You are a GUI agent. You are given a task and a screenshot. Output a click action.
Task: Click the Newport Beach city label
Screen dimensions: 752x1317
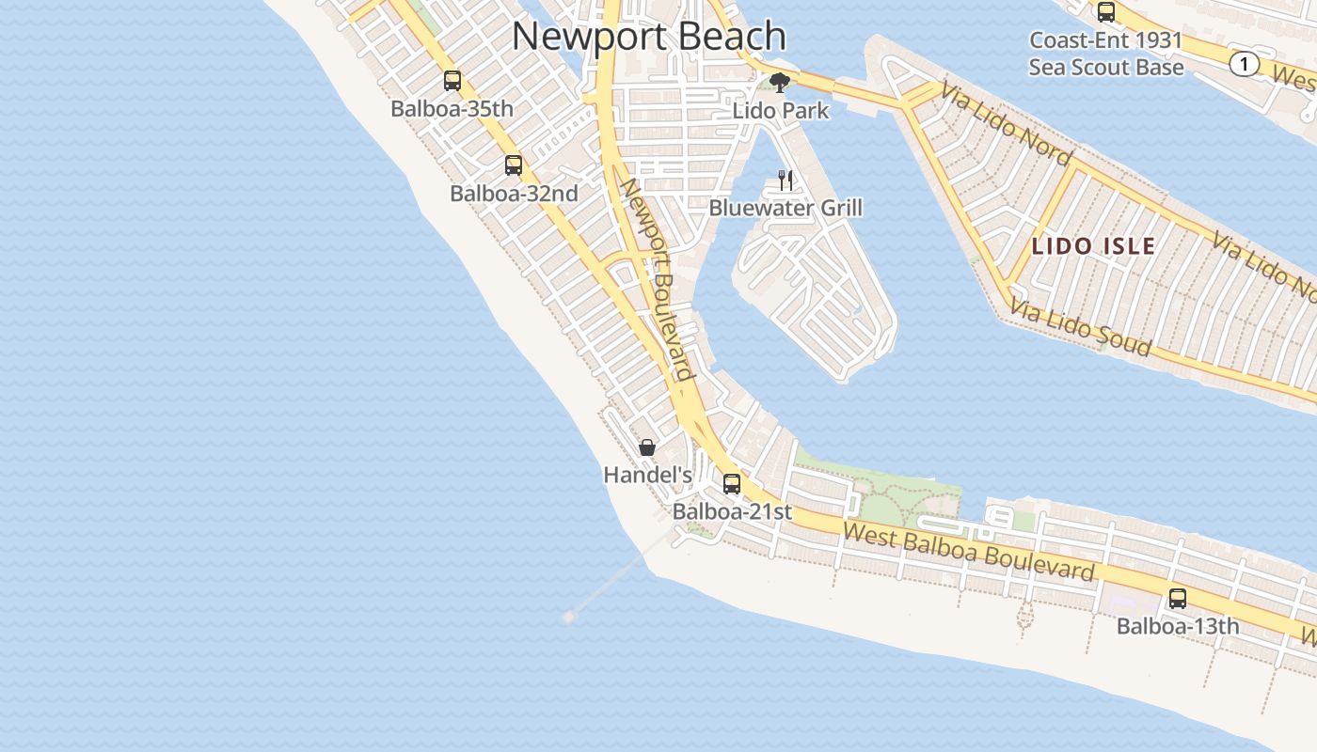648,37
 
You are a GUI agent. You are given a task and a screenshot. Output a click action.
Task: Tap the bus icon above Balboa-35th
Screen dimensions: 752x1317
452,81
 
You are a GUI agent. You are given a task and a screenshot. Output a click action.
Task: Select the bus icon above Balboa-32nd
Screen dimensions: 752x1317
513,165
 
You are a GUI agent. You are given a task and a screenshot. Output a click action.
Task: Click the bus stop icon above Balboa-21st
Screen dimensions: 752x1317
731,484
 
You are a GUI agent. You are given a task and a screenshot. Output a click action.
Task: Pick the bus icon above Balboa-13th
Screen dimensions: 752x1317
1177,599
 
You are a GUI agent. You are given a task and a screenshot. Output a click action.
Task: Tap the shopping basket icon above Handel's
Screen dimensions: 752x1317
647,447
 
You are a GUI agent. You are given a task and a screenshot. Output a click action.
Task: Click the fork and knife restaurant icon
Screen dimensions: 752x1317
785,180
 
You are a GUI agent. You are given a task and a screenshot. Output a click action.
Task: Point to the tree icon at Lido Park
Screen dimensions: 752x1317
779,83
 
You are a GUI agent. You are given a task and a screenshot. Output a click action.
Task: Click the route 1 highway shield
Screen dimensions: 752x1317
1245,64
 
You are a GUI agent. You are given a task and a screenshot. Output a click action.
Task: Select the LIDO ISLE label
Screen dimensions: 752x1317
1093,247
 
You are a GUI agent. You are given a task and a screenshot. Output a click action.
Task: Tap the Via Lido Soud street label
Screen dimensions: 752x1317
1081,328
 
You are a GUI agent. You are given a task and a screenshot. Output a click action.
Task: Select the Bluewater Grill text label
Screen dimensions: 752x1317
785,208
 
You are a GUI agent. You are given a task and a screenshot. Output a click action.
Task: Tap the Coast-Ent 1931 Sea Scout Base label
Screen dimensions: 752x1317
1105,55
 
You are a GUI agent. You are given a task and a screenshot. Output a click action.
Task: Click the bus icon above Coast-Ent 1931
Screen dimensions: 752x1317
1106,12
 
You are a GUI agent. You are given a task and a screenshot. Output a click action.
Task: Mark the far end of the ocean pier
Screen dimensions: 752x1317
568,617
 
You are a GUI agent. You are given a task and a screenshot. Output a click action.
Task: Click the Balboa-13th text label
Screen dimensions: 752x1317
1177,626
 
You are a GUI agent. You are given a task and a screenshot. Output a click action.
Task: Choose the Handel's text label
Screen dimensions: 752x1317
647,476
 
